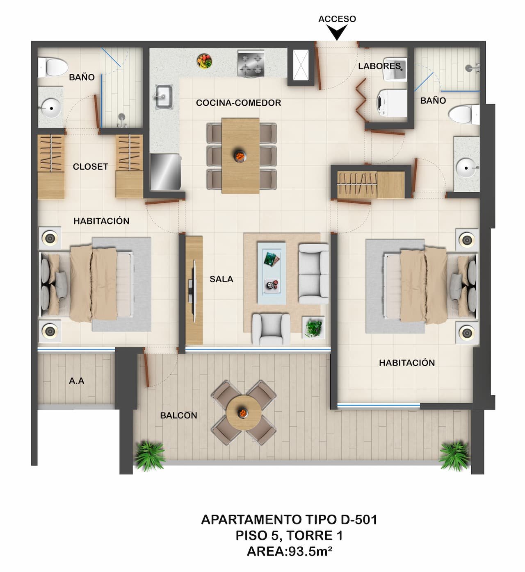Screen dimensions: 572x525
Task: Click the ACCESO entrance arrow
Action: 337,32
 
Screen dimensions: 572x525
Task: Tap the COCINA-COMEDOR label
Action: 238,103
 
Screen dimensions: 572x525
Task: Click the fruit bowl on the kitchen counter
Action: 204,61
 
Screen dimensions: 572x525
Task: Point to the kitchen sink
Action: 163,97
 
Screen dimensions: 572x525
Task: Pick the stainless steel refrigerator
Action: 165,172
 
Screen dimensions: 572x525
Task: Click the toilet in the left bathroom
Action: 52,67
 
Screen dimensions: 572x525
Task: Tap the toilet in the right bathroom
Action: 464,114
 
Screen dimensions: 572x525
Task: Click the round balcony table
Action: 243,413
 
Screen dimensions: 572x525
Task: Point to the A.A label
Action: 77,381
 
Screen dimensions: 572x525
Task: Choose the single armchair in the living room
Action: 271,329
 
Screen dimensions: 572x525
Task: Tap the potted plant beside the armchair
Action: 314,328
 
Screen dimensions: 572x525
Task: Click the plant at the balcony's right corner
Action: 454,455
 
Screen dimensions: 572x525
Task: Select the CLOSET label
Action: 90,167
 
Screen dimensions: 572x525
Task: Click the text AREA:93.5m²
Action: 289,552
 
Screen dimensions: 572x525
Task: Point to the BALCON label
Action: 178,415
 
